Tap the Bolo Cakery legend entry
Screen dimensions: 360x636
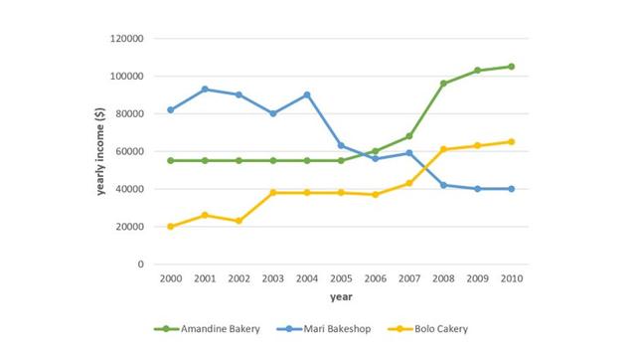(x=442, y=328)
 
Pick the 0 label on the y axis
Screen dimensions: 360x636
(x=141, y=265)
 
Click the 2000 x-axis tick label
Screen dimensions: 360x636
(x=171, y=278)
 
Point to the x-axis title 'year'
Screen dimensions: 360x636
(x=342, y=296)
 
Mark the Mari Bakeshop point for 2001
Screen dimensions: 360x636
(x=205, y=90)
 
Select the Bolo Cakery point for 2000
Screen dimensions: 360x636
(x=171, y=227)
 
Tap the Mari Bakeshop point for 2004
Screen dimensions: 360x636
(x=307, y=94)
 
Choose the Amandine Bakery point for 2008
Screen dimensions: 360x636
(x=444, y=84)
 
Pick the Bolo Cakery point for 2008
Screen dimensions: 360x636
(x=444, y=149)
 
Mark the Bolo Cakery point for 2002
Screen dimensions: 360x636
(x=238, y=221)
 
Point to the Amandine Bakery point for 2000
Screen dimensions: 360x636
(x=171, y=160)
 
